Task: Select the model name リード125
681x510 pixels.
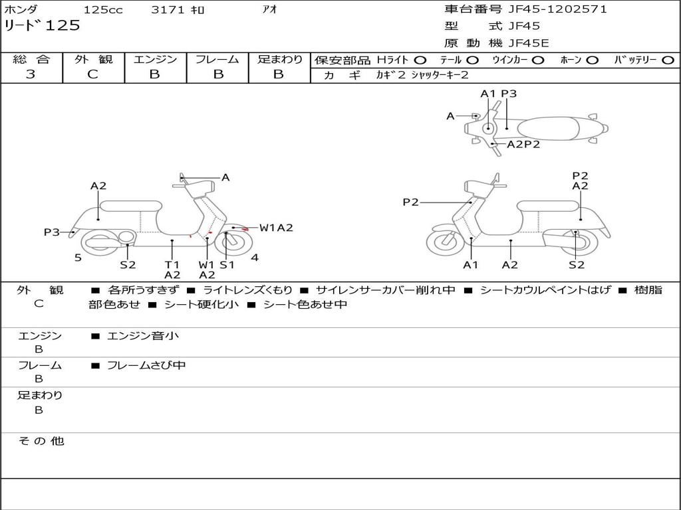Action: tap(42, 26)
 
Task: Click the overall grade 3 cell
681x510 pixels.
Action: tap(31, 74)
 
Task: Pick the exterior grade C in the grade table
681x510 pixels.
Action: tap(93, 74)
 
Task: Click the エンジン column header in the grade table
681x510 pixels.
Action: tap(155, 59)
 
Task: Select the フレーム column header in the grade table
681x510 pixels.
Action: tap(217, 59)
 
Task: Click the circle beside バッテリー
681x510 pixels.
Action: tap(668, 60)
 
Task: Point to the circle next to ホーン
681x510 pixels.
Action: tap(592, 60)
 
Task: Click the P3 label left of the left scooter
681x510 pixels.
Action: tap(52, 232)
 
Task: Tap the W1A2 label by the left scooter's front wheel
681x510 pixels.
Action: tap(276, 228)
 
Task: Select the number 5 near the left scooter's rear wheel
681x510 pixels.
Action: tap(78, 258)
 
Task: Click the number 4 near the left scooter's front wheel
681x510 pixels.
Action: tap(255, 258)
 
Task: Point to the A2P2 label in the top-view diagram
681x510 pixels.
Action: tap(523, 144)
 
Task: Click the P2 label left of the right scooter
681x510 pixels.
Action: tap(410, 202)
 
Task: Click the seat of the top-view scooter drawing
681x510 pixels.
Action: tap(551, 127)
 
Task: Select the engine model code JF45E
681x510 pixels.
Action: tap(529, 43)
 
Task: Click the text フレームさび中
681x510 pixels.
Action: tap(146, 365)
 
